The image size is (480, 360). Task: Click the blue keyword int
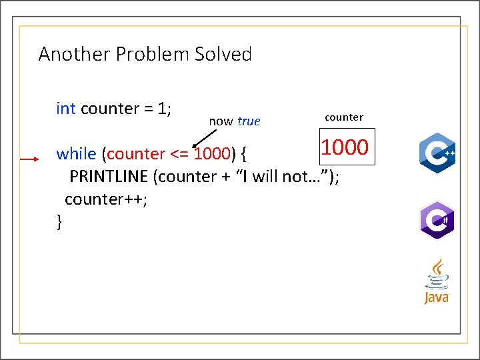click(x=66, y=109)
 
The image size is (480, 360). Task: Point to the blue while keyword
click(x=76, y=154)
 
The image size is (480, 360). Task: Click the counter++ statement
click(x=105, y=199)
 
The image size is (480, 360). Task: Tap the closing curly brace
click(x=60, y=221)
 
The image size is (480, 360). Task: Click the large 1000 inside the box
click(x=345, y=147)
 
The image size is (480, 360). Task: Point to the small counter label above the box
click(x=344, y=117)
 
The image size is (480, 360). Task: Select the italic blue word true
click(x=249, y=121)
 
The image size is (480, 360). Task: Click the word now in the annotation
click(x=221, y=121)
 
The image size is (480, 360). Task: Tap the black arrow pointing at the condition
click(x=203, y=137)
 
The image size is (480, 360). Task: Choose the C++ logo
click(x=437, y=153)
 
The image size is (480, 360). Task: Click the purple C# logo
click(x=437, y=219)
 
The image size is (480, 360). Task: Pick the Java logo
click(x=437, y=282)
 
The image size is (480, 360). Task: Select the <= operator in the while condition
click(x=179, y=154)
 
